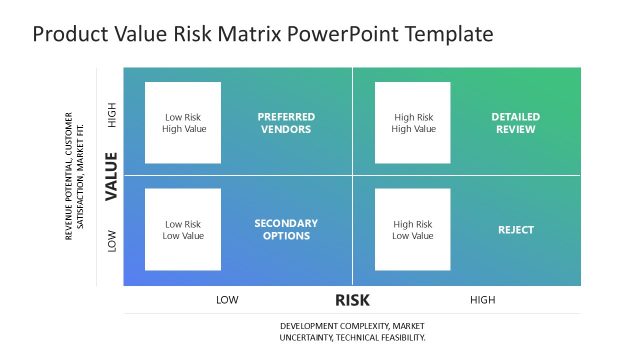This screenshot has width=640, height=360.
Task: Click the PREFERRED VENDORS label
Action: (x=285, y=122)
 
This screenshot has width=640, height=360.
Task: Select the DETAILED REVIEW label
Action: (x=515, y=122)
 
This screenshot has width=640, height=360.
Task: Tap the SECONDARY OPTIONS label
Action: (x=285, y=229)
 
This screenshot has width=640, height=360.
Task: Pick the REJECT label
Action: (x=515, y=230)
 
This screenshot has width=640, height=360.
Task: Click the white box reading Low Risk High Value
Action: (x=183, y=122)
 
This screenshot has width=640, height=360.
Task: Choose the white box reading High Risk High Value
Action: (x=413, y=122)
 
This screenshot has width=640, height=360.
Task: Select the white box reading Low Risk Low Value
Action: (x=183, y=230)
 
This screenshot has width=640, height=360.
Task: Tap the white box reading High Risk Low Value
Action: (x=413, y=230)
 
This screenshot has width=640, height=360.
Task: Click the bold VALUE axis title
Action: (x=112, y=176)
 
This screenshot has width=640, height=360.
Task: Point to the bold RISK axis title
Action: (x=353, y=299)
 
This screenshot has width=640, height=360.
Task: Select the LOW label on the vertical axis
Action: (x=112, y=240)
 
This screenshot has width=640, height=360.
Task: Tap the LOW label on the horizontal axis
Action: (x=227, y=299)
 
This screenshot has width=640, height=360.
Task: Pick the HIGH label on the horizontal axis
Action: (x=482, y=299)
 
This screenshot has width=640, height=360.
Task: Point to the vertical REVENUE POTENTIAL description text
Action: (x=75, y=176)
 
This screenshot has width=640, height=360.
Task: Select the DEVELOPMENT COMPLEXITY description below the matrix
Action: (x=352, y=332)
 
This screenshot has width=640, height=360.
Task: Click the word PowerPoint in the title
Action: (x=341, y=35)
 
